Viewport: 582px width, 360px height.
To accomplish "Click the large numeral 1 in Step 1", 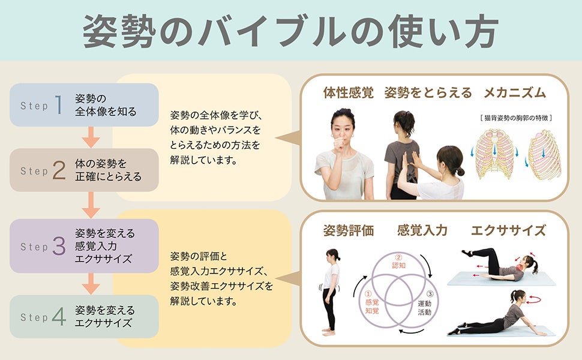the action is (x=59, y=105).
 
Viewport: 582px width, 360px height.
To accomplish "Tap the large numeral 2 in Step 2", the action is (x=59, y=170).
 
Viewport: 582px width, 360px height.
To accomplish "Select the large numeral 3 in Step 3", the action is (x=59, y=246).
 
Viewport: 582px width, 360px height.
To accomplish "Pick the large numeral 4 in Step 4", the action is (x=59, y=317).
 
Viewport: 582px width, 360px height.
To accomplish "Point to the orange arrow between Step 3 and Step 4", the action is (x=91, y=283).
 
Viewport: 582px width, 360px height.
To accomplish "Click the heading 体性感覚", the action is (x=348, y=93).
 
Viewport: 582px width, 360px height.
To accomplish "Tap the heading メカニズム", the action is (x=515, y=93).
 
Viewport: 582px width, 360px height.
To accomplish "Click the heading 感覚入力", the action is (x=422, y=230).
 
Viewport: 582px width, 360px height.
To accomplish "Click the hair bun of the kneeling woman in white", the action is (x=460, y=172).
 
